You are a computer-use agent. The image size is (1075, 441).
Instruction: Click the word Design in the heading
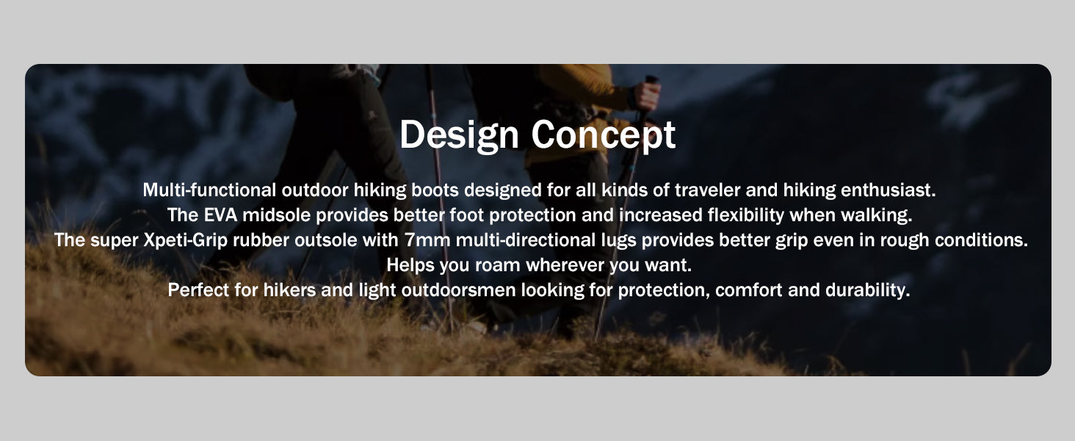pos(459,135)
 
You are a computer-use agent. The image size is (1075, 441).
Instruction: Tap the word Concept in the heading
pos(604,135)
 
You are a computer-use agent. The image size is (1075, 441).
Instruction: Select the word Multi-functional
pos(209,190)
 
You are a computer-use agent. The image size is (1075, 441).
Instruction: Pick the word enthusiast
pos(888,190)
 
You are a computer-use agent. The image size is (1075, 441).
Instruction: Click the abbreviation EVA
pos(220,215)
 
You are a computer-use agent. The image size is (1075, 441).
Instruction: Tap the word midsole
pos(276,215)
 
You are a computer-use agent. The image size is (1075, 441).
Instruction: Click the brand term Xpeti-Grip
pos(186,240)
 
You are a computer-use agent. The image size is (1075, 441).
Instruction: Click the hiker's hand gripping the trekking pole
pos(646,96)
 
